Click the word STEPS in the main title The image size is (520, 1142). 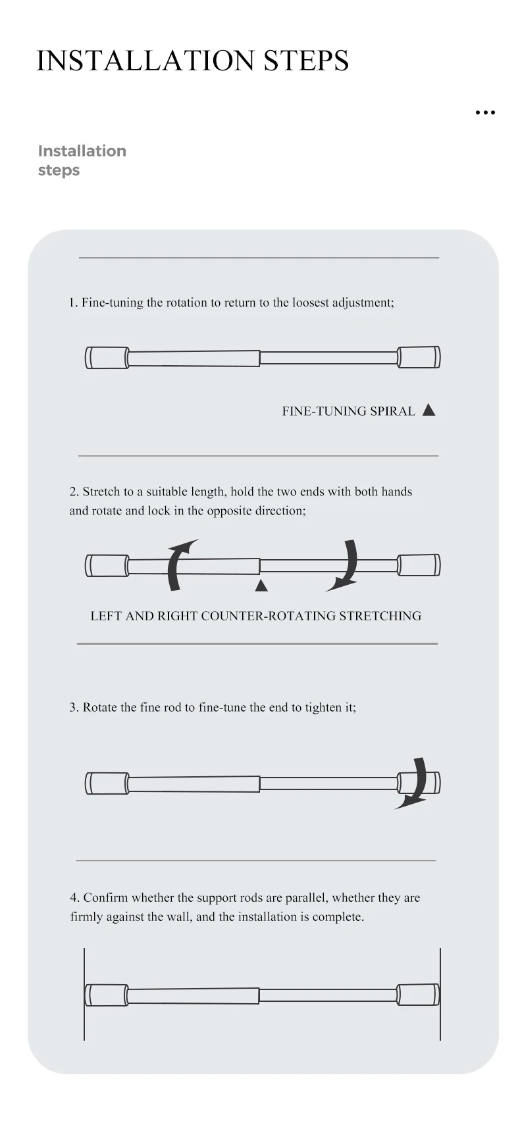point(306,60)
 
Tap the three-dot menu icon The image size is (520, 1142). point(485,112)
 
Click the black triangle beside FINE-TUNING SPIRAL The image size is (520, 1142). point(429,410)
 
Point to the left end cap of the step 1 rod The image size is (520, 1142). point(107,358)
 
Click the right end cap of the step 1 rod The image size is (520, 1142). point(419,357)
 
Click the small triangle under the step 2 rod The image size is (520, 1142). point(261,585)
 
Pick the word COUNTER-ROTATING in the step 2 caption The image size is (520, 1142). point(269,616)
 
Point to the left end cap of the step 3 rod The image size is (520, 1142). point(107,783)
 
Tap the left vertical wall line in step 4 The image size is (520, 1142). point(84,993)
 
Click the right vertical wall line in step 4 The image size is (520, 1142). point(440,993)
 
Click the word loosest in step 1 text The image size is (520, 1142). point(309,303)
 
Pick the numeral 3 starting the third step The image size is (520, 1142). point(73,707)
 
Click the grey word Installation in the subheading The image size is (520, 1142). point(82,151)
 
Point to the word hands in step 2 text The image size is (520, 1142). point(396,491)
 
